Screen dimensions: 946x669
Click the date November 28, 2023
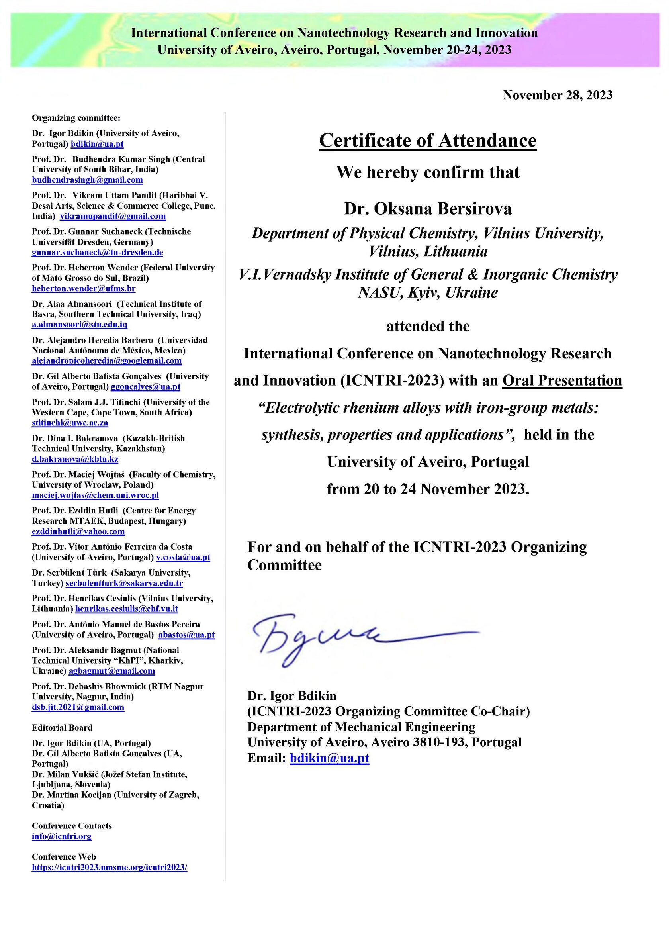[x=557, y=95]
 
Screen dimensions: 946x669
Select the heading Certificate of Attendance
[x=428, y=141]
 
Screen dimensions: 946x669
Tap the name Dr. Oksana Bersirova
[x=428, y=208]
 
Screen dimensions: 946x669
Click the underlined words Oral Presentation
[x=562, y=380]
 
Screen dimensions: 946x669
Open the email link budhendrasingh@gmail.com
[x=87, y=180]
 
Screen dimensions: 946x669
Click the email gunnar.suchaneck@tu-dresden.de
[x=97, y=252]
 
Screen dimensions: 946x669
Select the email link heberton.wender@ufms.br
[x=84, y=288]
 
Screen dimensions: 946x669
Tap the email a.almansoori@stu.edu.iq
[x=80, y=325]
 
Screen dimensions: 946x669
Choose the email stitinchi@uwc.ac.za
[x=70, y=423]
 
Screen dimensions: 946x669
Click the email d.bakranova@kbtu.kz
[x=75, y=459]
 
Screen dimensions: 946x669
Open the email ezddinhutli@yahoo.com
[x=78, y=531]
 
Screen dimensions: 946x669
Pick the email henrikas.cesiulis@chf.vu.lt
[x=127, y=609]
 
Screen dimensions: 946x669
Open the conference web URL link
[x=110, y=867]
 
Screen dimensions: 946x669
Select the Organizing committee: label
[x=76, y=118]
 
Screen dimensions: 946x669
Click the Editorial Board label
[x=62, y=728]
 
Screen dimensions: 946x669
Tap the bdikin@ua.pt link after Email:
[x=329, y=758]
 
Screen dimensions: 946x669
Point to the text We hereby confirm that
[x=428, y=172]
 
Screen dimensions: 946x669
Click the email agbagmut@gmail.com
[x=111, y=671]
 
